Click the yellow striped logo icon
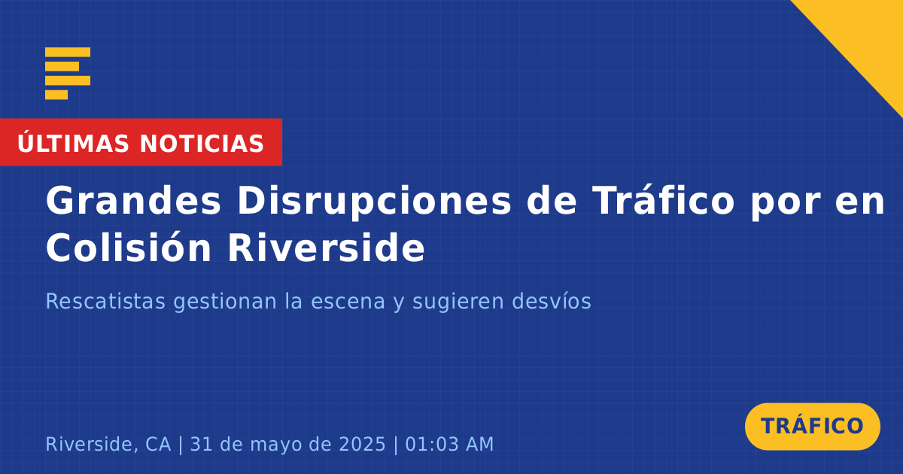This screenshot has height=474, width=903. point(68,74)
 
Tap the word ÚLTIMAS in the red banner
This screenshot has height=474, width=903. point(73,143)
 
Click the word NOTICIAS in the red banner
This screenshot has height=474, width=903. point(202,144)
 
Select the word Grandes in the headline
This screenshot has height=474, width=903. point(133,201)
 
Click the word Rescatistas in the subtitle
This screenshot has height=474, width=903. point(105,301)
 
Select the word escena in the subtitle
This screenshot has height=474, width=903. point(348,302)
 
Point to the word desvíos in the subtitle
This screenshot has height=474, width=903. point(552,301)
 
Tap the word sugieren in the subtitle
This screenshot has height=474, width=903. point(458,302)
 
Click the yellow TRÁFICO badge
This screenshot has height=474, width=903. point(812,427)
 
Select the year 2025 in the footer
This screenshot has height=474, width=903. point(363,444)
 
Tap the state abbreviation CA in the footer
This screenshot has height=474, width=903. point(158,444)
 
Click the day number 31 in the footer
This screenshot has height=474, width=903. point(201,444)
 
